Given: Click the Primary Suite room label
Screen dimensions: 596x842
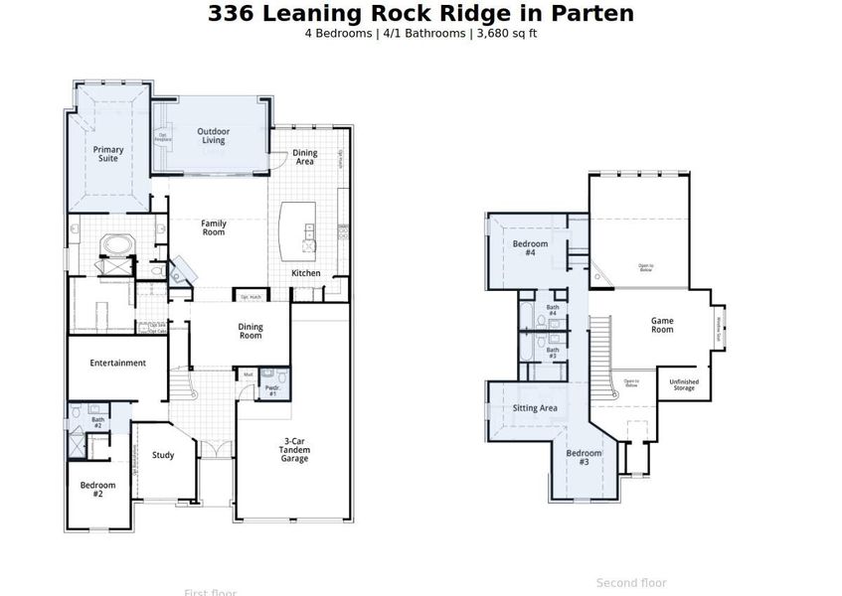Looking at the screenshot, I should click(x=108, y=154).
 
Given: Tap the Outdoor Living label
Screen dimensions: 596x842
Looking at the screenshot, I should click(x=213, y=136).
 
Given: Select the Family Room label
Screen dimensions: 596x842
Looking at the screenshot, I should click(x=214, y=228).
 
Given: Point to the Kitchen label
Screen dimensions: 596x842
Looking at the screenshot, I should click(x=305, y=273).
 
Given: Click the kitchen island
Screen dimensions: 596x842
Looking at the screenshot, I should click(x=296, y=227).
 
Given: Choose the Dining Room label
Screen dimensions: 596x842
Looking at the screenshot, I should click(x=251, y=331).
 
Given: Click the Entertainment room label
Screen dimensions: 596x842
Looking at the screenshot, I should click(x=118, y=364).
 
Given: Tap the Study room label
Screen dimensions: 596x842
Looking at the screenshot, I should click(x=163, y=456).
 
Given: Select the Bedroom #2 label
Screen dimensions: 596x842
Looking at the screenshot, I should click(x=97, y=489).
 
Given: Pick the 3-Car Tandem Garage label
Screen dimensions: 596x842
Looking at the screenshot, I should click(x=294, y=450).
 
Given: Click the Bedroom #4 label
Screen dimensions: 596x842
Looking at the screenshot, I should click(x=530, y=248).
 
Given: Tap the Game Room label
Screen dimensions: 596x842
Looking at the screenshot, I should click(x=662, y=325).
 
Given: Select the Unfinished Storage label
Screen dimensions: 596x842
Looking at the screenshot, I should click(x=684, y=384).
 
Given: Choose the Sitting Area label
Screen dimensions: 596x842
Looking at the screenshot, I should click(x=535, y=408).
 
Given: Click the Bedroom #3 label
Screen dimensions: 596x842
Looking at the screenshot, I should click(x=585, y=458).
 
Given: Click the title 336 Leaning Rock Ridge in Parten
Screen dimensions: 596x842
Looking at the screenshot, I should click(x=421, y=14).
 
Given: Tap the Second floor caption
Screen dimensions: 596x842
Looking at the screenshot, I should click(x=631, y=583).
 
